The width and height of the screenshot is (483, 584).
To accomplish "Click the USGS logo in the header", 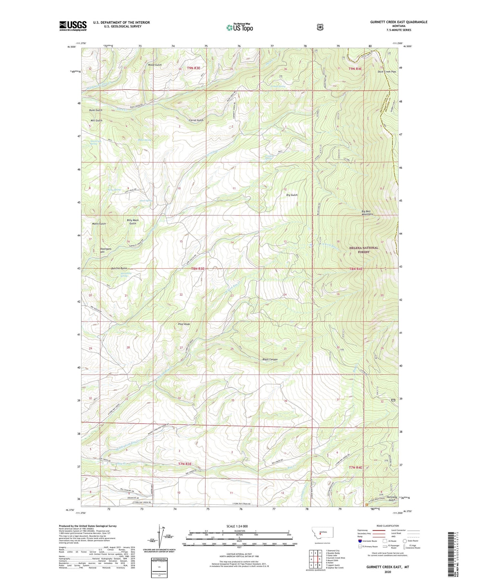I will [x=73, y=26].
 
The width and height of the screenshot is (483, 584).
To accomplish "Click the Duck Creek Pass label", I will [x=387, y=72].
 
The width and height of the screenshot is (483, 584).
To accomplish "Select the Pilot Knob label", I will [x=184, y=324].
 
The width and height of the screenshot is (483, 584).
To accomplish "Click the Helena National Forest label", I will [x=364, y=250].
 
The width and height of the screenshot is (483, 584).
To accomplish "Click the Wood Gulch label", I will [x=155, y=65].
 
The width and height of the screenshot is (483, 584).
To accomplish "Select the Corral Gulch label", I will [x=196, y=120].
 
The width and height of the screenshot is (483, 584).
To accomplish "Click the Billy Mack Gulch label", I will [x=133, y=222].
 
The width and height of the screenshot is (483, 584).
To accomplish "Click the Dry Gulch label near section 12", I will [x=292, y=195].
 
